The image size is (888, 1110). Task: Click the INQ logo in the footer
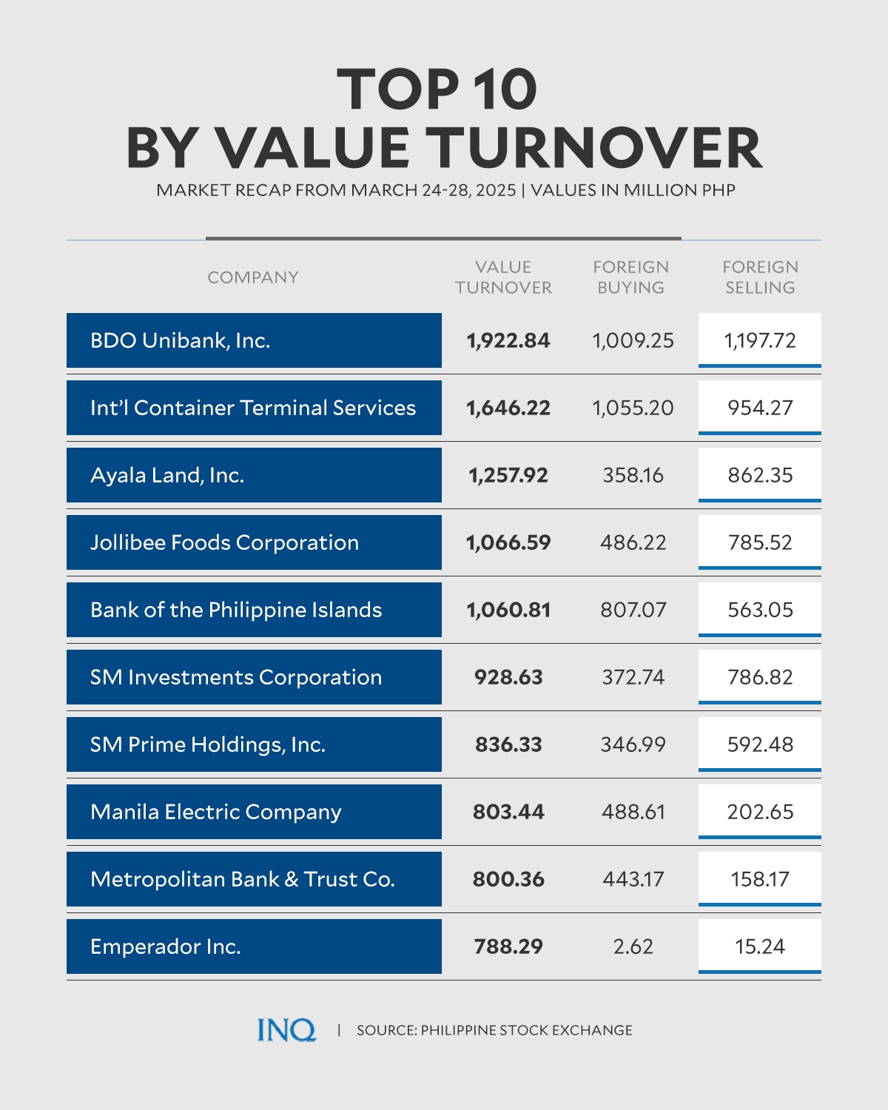(x=286, y=1029)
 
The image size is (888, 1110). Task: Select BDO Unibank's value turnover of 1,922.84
(x=508, y=340)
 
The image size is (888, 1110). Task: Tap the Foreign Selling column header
(x=760, y=277)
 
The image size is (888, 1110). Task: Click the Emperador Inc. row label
(x=166, y=946)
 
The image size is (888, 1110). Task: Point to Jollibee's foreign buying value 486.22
(x=633, y=542)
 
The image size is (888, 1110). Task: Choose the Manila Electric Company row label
(x=216, y=812)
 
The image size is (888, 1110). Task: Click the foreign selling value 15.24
(x=760, y=946)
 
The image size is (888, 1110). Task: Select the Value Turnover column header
(x=503, y=277)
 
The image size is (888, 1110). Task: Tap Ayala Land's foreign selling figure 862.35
(x=760, y=475)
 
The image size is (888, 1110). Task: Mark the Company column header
(x=253, y=277)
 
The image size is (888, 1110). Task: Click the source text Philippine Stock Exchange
(x=494, y=1030)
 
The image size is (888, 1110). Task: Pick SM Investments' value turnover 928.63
(x=508, y=677)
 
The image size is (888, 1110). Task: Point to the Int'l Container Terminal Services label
(x=253, y=408)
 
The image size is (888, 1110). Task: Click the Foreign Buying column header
(x=631, y=277)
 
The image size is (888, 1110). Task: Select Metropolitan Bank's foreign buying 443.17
(x=633, y=879)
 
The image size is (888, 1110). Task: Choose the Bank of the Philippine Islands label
(x=236, y=610)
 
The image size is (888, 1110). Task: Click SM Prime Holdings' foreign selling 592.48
(x=760, y=744)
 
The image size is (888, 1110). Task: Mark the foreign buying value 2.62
(x=633, y=946)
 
